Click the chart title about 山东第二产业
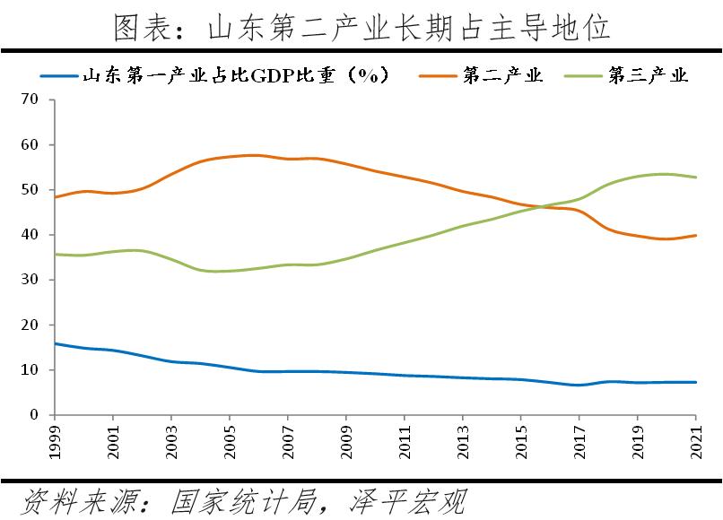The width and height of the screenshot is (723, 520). click(362, 27)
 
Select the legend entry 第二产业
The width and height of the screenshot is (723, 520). click(502, 75)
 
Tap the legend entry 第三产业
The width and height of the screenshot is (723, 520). click(648, 75)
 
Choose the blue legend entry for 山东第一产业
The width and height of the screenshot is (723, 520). click(235, 75)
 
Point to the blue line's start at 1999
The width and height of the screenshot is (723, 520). click(56, 343)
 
